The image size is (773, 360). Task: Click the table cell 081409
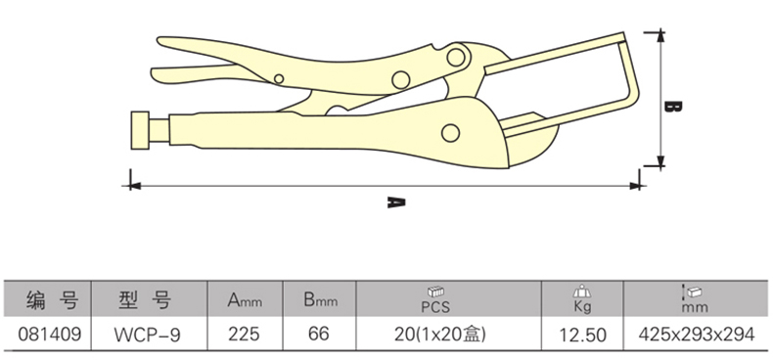(49, 335)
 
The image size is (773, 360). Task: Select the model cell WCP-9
(148, 335)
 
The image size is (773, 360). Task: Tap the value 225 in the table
(244, 335)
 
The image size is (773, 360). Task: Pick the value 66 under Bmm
(318, 335)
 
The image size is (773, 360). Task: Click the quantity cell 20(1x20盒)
(440, 335)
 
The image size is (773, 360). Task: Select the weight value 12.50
(582, 336)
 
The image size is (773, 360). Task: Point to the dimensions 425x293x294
(697, 335)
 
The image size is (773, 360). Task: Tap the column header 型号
(146, 299)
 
